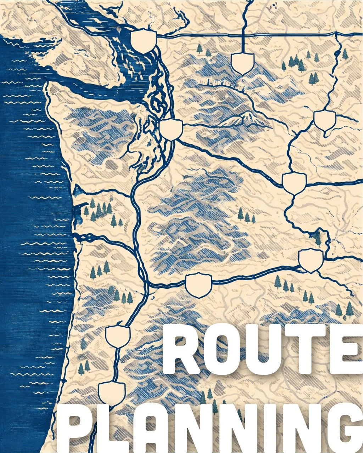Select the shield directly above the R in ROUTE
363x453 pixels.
(x=199, y=285)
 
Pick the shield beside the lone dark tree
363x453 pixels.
(x=311, y=260)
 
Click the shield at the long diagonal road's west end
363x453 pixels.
(x=171, y=129)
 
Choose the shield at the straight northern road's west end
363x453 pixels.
(x=144, y=41)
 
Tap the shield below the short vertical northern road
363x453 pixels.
(x=242, y=63)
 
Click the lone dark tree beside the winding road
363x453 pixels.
(x=318, y=238)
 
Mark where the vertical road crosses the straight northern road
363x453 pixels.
(x=243, y=36)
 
